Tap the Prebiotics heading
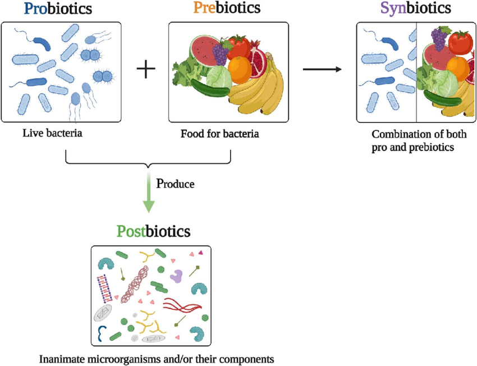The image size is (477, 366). point(227,8)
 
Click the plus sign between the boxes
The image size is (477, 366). point(146,70)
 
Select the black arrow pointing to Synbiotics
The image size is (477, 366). point(322,70)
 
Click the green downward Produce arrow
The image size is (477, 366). point(149,194)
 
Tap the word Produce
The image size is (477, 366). point(175,183)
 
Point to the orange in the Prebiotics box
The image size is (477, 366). point(240,68)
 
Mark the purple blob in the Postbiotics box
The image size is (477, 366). point(177,275)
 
